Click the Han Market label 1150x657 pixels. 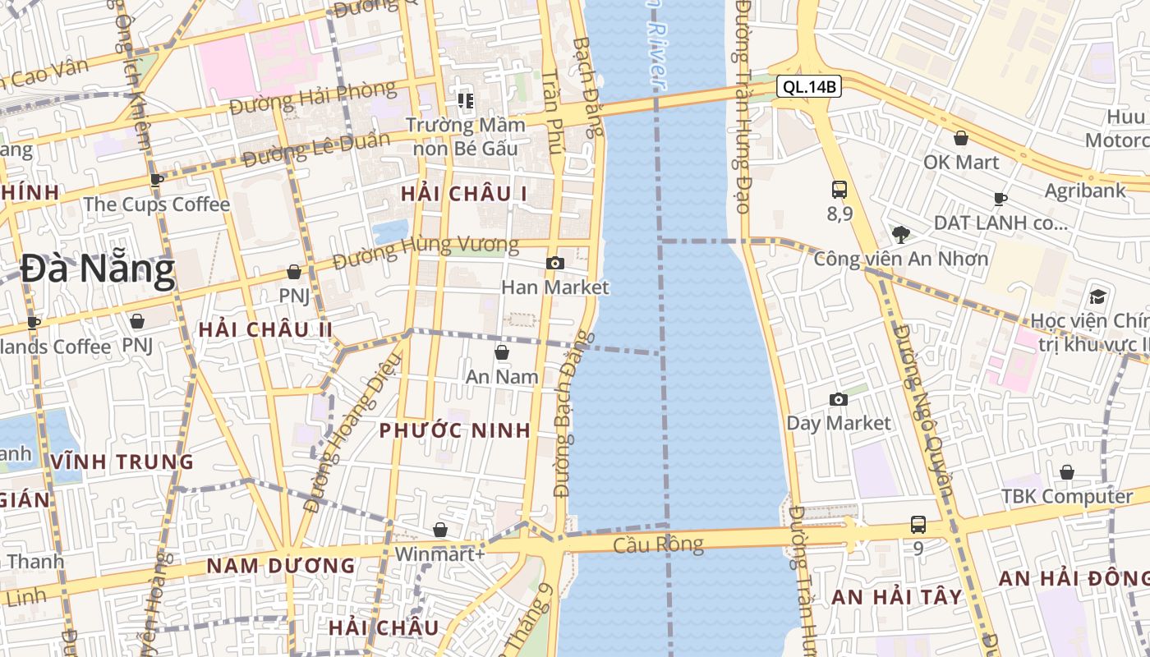point(555,287)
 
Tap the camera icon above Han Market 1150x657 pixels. point(555,264)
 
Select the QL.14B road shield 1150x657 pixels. point(809,86)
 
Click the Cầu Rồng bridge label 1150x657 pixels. point(659,544)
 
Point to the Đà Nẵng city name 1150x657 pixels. point(98,269)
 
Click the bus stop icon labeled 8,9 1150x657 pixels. point(839,191)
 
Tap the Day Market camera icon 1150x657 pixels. point(839,400)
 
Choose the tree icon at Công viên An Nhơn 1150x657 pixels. point(901,235)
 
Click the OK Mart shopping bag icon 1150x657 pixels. point(961,139)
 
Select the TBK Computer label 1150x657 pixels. point(1066,497)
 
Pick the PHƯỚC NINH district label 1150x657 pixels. point(455,431)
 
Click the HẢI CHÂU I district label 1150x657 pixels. point(464,194)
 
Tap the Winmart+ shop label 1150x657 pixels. point(440,554)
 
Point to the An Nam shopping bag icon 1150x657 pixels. point(502,353)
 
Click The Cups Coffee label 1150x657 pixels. point(156,204)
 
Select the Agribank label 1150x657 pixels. point(1085,191)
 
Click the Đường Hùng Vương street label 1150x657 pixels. point(426,251)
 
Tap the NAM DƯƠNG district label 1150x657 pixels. point(280,566)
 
